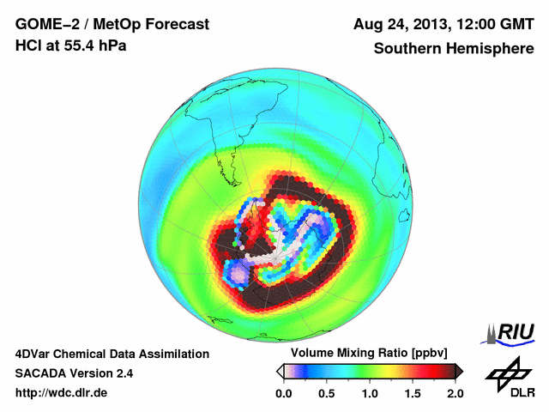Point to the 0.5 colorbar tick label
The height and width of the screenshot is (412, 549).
pyautogui.click(x=326, y=393)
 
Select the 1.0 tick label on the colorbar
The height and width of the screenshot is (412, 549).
pyautogui.click(x=370, y=393)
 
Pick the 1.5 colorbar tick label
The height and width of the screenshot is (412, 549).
pyautogui.click(x=413, y=393)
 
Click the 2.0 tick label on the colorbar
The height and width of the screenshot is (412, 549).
pyautogui.click(x=455, y=393)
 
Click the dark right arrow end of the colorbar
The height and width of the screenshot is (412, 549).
pyautogui.click(x=459, y=371)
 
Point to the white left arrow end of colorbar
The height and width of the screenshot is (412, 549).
pyautogui.click(x=280, y=371)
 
